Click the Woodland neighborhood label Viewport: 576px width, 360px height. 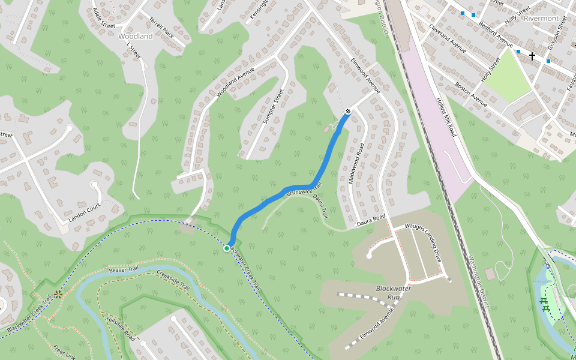point(136,36)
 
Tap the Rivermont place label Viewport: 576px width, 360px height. point(541,18)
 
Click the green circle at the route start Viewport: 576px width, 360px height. point(227,248)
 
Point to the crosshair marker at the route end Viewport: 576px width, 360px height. point(348,111)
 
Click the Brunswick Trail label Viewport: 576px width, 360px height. point(305,188)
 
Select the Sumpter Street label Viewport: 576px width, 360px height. point(273,107)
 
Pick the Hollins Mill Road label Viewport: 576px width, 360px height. point(446,117)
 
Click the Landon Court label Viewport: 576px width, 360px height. point(84,212)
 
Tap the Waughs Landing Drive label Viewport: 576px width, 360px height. point(423,242)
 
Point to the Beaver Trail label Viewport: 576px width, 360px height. point(125,271)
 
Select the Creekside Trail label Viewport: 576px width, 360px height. point(173,283)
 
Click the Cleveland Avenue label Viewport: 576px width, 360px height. point(448,39)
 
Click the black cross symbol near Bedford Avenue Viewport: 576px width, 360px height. point(532,56)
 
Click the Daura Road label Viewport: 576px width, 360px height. point(371,221)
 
